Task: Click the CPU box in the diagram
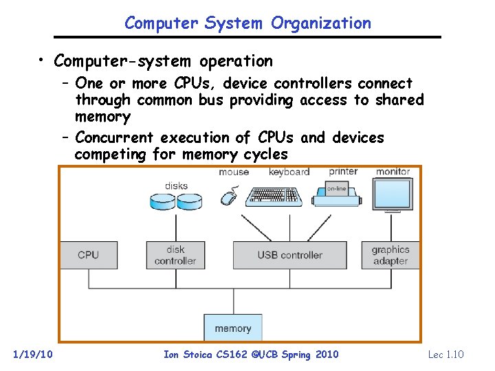coord(88,255)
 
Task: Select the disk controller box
coord(175,255)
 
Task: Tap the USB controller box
coord(289,255)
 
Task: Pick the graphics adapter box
coord(390,255)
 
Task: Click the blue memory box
coord(232,328)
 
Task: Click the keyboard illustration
coord(274,195)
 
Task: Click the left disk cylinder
coord(163,201)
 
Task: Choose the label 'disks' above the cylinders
coord(176,185)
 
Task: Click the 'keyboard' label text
coord(289,172)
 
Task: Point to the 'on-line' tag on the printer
coord(336,188)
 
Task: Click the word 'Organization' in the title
coord(321,23)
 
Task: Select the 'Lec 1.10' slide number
coord(445,355)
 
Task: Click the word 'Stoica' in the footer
coord(197,355)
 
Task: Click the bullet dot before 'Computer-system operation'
coord(43,60)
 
